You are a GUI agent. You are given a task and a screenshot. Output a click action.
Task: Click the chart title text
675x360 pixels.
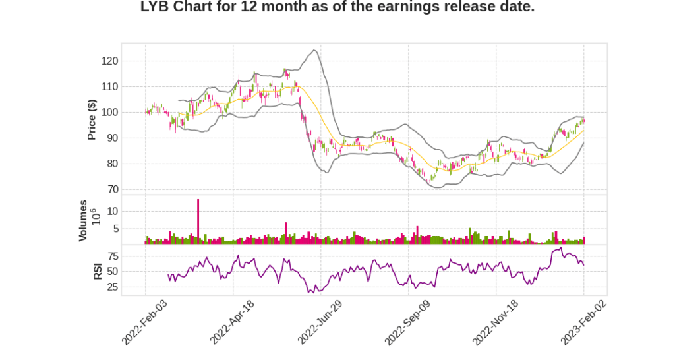[x=337, y=8]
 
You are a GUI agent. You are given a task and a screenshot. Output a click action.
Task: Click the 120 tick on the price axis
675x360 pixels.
[x=109, y=61]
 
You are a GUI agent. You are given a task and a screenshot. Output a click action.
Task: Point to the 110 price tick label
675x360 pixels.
[x=109, y=86]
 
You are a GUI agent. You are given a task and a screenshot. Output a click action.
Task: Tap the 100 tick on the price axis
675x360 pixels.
[x=109, y=112]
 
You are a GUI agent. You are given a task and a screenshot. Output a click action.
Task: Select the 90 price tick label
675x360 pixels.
[x=112, y=138]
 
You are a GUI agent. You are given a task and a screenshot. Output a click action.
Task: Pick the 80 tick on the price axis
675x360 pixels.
[x=112, y=164]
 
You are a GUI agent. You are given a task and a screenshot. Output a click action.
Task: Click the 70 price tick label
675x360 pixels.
[x=112, y=189]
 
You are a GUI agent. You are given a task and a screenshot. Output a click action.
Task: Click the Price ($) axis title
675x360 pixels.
[x=92, y=120]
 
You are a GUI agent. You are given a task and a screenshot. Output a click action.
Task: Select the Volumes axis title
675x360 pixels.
[x=83, y=220]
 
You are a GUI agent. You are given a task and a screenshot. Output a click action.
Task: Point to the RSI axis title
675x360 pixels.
[x=98, y=270]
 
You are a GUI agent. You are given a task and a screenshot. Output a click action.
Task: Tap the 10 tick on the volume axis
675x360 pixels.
[x=112, y=211]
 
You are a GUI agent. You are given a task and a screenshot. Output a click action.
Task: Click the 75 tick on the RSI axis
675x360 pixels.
[x=112, y=255]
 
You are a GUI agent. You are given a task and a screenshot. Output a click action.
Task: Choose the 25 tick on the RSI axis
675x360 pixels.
[x=112, y=287]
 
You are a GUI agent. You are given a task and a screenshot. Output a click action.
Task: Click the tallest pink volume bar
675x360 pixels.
[x=198, y=221]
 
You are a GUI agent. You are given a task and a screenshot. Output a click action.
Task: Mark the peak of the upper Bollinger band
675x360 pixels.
[x=315, y=50]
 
